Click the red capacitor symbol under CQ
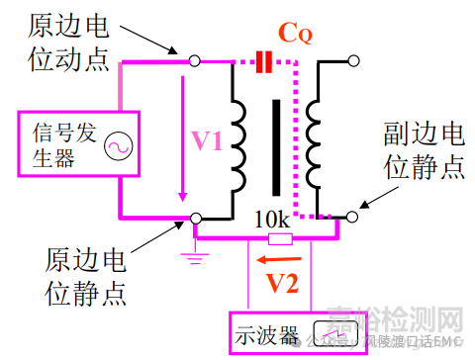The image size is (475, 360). click(x=263, y=62)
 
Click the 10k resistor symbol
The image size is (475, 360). click(x=281, y=238)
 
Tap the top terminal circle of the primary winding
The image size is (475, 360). click(x=196, y=61)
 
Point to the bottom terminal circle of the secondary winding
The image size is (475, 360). click(x=352, y=215)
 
